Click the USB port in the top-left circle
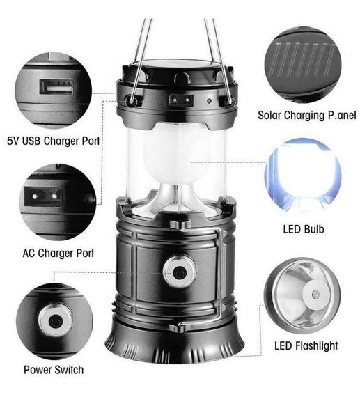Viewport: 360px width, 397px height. (x=56, y=87)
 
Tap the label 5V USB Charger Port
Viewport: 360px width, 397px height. (x=53, y=141)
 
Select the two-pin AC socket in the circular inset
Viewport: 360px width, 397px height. (x=42, y=196)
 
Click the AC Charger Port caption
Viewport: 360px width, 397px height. (x=58, y=253)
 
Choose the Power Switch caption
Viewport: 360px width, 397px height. (x=54, y=370)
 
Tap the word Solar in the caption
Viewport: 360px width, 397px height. (x=269, y=115)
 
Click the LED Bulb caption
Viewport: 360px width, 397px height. (x=304, y=229)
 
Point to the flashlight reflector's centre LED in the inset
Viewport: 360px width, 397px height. (x=315, y=295)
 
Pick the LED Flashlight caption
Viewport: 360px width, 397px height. (x=306, y=345)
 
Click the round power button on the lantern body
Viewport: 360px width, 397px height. (x=179, y=272)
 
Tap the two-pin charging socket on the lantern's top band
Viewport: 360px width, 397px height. (x=181, y=100)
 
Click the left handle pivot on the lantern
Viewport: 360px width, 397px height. (x=131, y=100)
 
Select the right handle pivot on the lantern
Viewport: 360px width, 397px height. (x=228, y=101)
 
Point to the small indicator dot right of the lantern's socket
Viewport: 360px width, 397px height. (x=209, y=101)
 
